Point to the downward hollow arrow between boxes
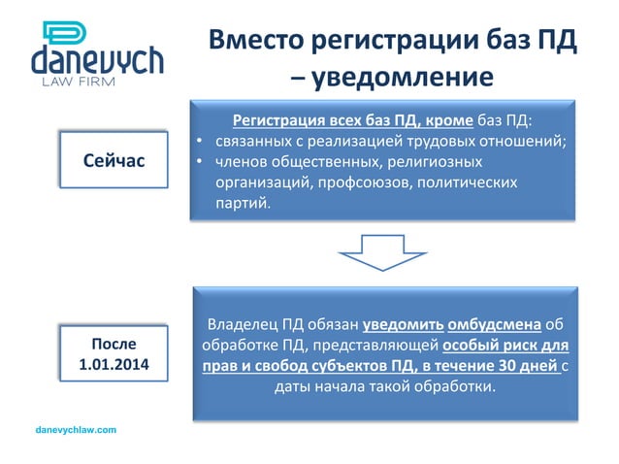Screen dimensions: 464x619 (x=382, y=250)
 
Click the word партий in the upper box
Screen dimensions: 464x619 (x=243, y=204)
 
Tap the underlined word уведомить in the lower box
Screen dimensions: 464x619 (x=405, y=324)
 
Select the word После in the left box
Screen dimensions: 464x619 (x=107, y=345)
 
